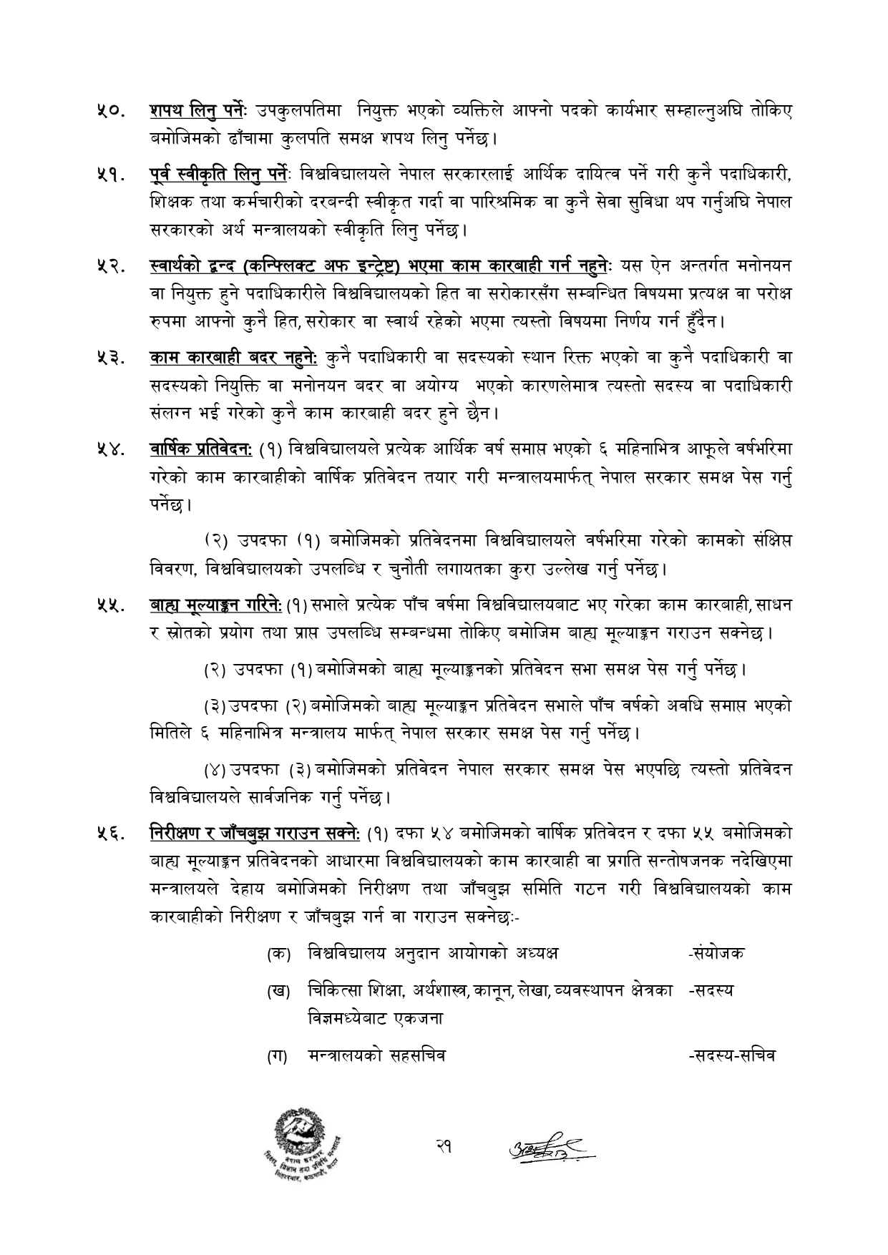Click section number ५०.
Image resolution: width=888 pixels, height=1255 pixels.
click(112, 113)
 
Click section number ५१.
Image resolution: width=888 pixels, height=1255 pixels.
click(112, 175)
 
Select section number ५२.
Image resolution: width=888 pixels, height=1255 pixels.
click(112, 267)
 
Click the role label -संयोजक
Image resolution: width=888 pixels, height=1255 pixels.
click(715, 954)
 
